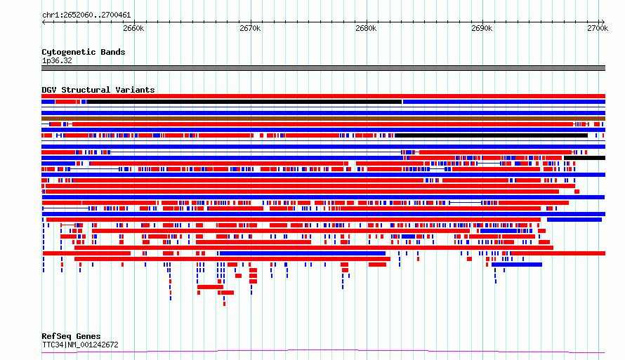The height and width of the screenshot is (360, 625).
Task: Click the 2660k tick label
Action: pos(133,28)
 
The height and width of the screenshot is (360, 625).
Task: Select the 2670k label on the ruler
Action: pos(250,28)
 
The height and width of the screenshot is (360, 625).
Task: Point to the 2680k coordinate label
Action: pos(366,28)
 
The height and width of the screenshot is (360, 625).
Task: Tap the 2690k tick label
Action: pos(482,28)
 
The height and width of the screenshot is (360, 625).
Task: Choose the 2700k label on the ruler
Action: pos(598,28)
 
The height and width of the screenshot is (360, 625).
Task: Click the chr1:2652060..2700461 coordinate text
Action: pos(86,15)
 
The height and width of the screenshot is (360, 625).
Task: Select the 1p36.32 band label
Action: pos(57,60)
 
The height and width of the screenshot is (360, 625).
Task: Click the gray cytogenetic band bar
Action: pos(323,68)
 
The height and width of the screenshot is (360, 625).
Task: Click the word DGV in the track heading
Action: pos(49,90)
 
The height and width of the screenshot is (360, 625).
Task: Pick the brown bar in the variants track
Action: pos(323,119)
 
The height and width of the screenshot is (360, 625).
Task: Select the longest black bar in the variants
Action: pos(244,102)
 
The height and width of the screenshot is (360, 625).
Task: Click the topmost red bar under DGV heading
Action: pos(323,96)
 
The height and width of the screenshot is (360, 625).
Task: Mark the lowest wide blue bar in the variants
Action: pos(517,265)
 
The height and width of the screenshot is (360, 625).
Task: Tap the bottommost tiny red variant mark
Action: pos(225,304)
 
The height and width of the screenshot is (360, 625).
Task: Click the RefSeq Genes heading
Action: pos(71,336)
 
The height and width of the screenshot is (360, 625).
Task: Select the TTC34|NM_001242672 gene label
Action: pos(80,345)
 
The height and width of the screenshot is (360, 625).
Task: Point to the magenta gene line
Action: pos(323,351)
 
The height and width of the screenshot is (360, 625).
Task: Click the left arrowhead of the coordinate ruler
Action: pos(44,22)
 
